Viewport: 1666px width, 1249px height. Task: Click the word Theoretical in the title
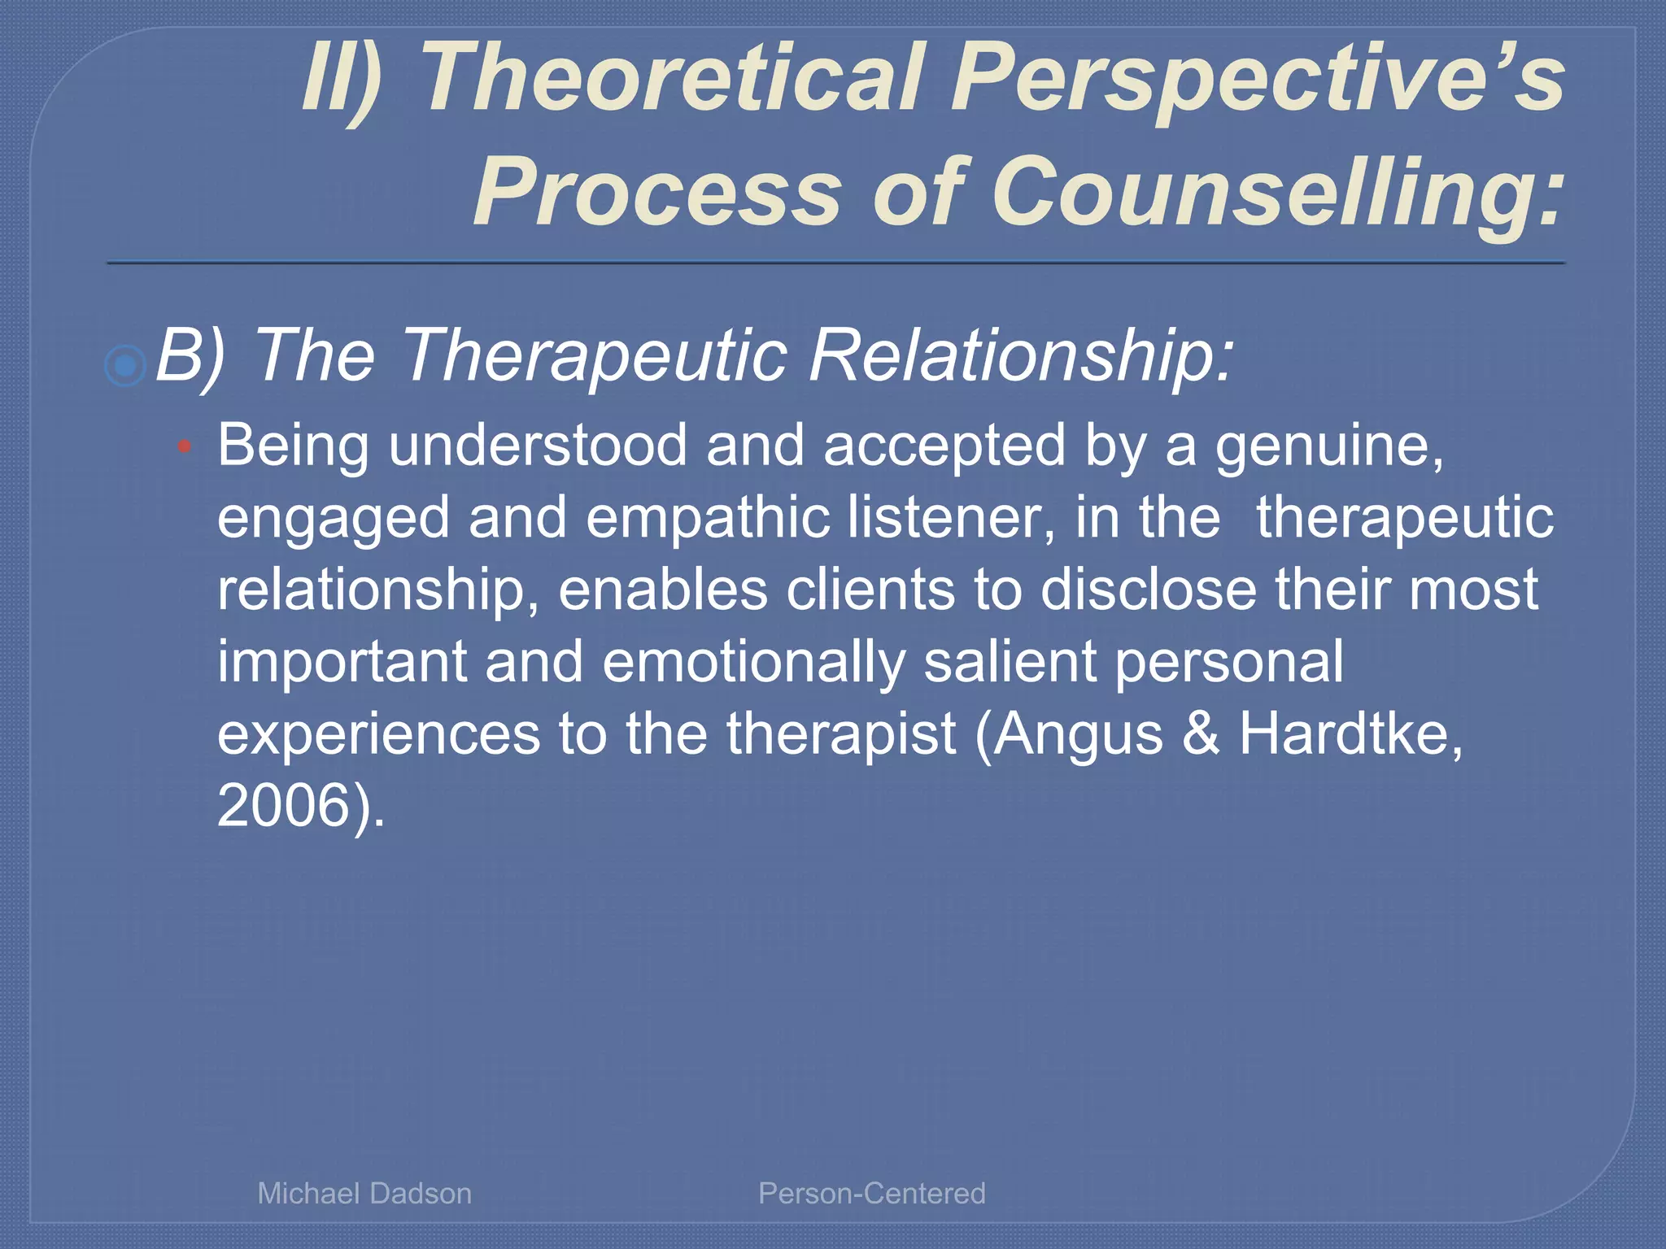click(x=673, y=78)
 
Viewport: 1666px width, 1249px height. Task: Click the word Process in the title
click(x=657, y=194)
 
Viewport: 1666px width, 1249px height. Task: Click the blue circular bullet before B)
click(x=125, y=365)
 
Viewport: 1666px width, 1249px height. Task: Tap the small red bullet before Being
click(x=185, y=446)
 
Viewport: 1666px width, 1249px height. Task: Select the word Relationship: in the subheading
click(x=1021, y=355)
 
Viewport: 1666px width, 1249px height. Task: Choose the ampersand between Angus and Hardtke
click(x=1201, y=733)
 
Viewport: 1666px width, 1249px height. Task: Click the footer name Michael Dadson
click(x=364, y=1193)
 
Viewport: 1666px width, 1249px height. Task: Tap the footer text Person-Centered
click(x=871, y=1193)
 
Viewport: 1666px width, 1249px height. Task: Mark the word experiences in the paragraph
click(x=378, y=733)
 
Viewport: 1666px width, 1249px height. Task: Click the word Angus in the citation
click(x=1078, y=733)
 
